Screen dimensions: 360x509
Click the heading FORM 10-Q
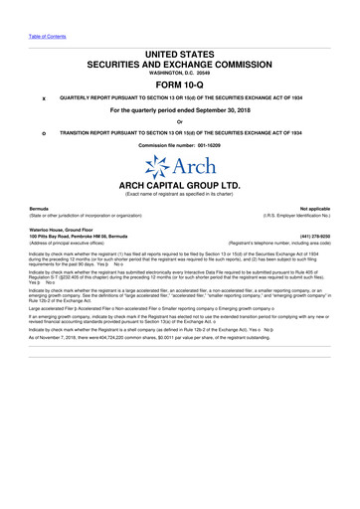point(180,83)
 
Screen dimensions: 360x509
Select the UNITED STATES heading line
point(180,51)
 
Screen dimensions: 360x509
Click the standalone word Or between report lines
point(180,122)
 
